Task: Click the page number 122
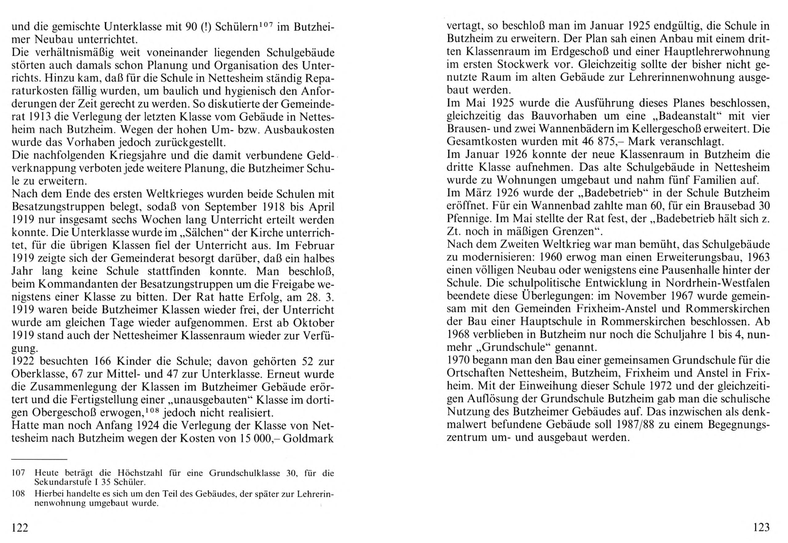pos(19,528)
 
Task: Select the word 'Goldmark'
pos(308,438)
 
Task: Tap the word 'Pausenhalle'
pos(681,271)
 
